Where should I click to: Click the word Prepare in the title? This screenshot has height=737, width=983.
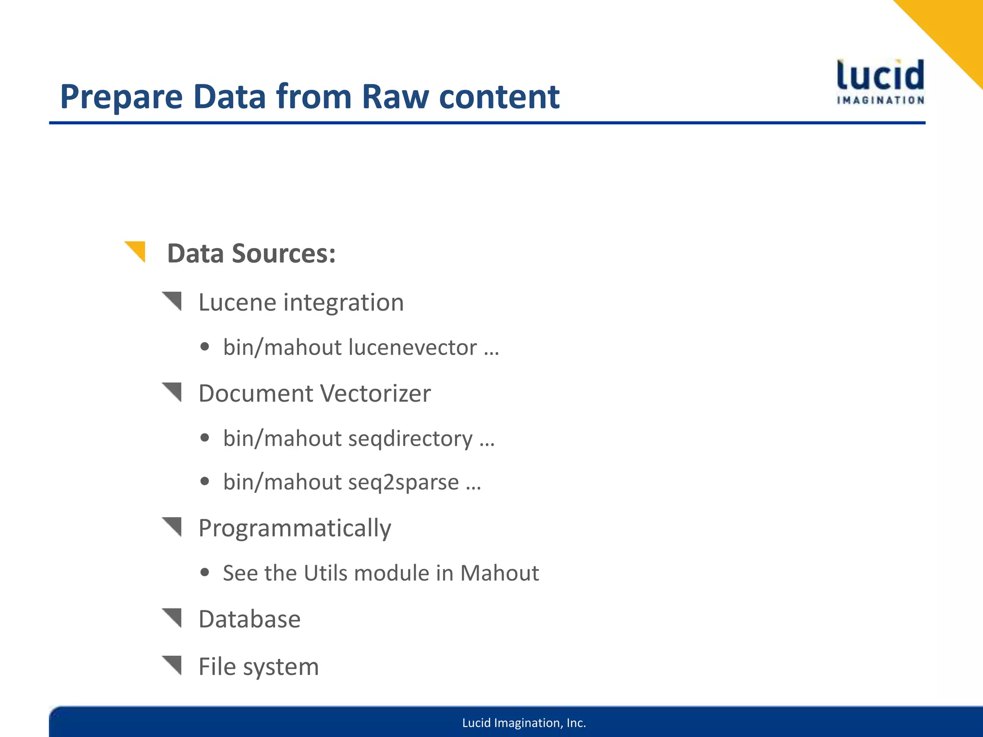(x=121, y=97)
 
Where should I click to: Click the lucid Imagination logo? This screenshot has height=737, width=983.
(x=880, y=82)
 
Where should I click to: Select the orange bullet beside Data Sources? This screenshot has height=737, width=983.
(x=136, y=250)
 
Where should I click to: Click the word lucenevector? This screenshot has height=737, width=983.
(x=412, y=347)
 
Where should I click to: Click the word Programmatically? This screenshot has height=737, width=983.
(x=295, y=528)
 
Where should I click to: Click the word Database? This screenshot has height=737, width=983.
(x=250, y=619)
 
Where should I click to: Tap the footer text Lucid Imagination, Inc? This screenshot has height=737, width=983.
(x=524, y=723)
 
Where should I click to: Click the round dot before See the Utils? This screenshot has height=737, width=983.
(x=205, y=572)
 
